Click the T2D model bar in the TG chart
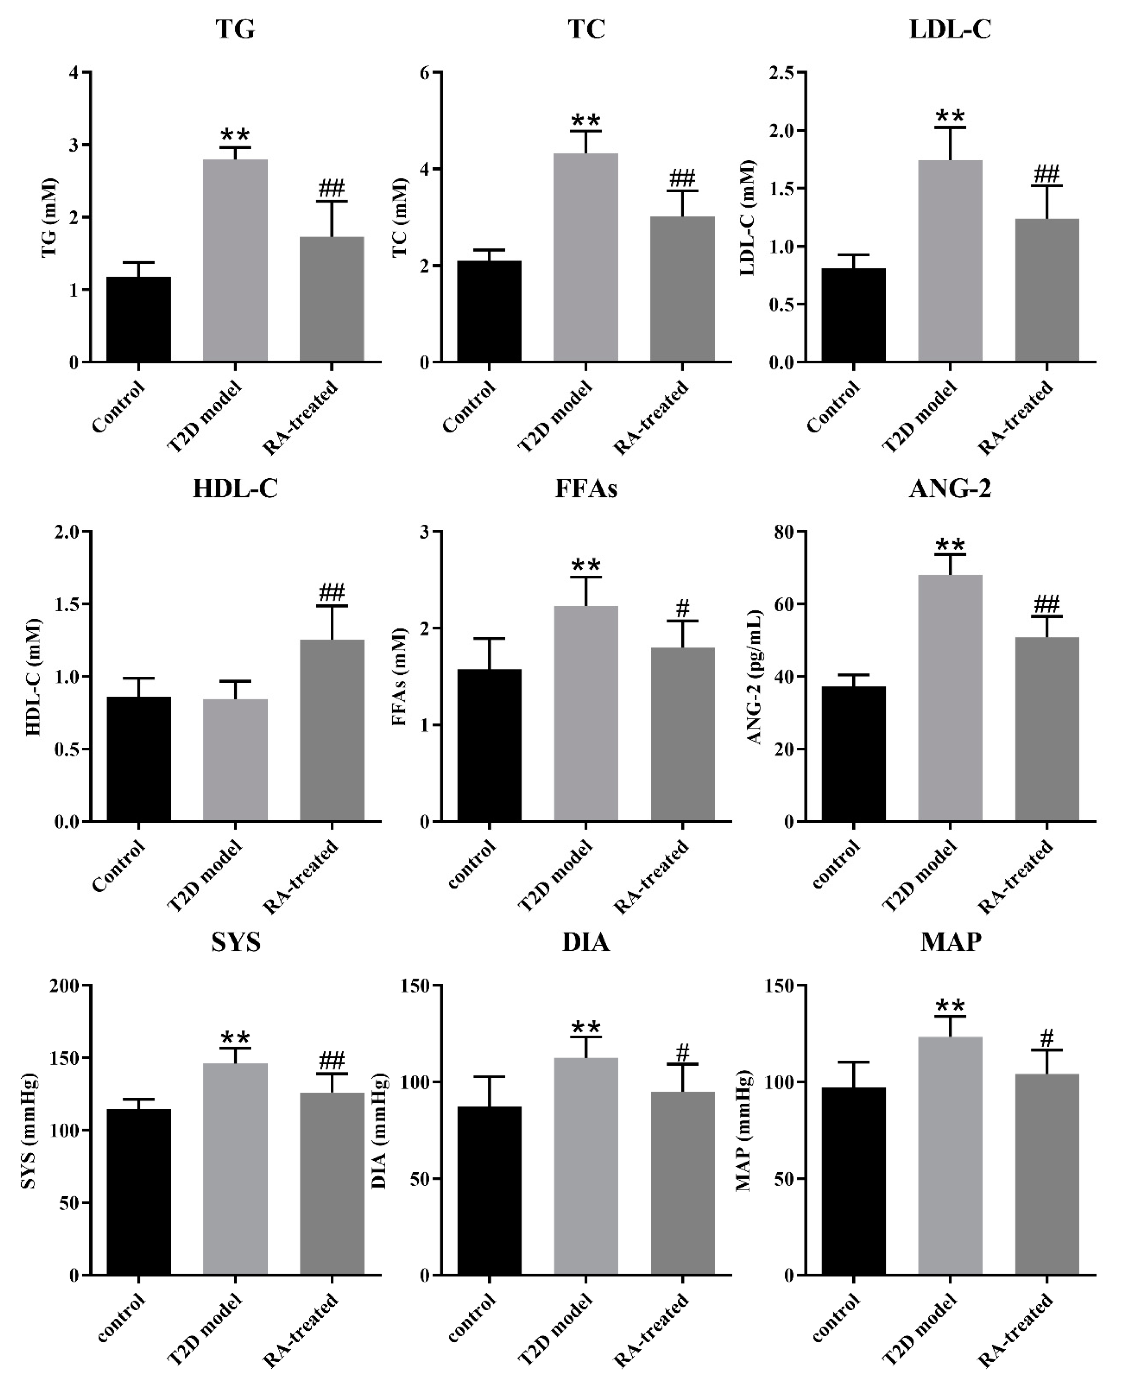(235, 261)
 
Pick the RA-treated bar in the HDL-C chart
(332, 730)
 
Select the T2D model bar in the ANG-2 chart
(950, 697)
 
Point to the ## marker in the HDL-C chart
(332, 593)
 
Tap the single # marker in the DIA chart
(683, 1051)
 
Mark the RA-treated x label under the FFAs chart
(651, 876)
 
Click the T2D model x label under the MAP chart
(920, 1329)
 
